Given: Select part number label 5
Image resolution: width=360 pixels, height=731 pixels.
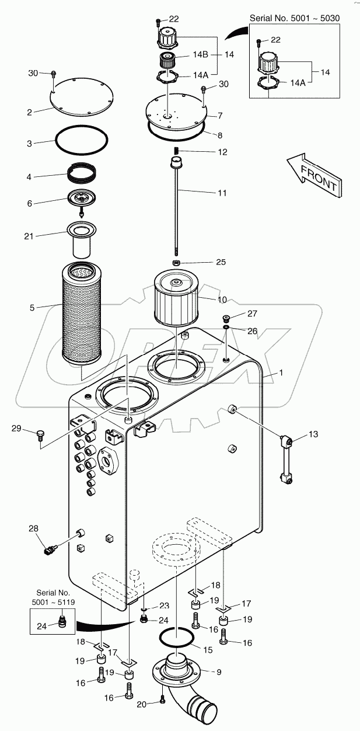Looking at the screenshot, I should (x=32, y=307).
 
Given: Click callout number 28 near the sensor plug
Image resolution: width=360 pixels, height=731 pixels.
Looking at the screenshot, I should (x=34, y=528).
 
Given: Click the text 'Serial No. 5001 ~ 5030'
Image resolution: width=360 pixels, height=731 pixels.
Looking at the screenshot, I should (x=295, y=18).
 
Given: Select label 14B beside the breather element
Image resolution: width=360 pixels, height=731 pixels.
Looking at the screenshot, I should (x=200, y=55).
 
